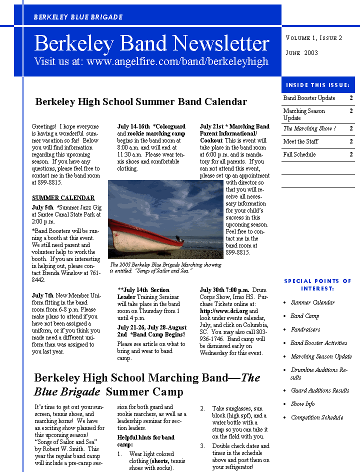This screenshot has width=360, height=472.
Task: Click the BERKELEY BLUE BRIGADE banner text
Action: click(78, 17)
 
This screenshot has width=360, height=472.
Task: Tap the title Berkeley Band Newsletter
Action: click(151, 44)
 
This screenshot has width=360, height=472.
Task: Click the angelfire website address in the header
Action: click(151, 61)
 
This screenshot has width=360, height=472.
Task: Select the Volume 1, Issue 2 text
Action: click(314, 38)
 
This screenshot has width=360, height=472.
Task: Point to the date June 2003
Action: click(301, 52)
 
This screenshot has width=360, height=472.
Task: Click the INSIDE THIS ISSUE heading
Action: click(318, 85)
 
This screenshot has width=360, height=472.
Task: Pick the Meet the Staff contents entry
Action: click(300, 141)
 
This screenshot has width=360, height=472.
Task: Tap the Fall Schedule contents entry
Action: click(299, 154)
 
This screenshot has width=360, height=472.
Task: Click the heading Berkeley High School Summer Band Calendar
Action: click(141, 102)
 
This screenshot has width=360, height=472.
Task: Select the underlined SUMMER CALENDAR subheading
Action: click(63, 198)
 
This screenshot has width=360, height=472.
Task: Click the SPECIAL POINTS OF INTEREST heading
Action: click(318, 284)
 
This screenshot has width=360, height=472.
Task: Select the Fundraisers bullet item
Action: click(305, 329)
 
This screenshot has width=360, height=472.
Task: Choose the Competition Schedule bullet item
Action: click(317, 417)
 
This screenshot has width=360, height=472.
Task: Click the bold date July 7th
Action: click(42, 295)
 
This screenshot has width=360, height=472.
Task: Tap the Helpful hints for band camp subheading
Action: click(146, 441)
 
